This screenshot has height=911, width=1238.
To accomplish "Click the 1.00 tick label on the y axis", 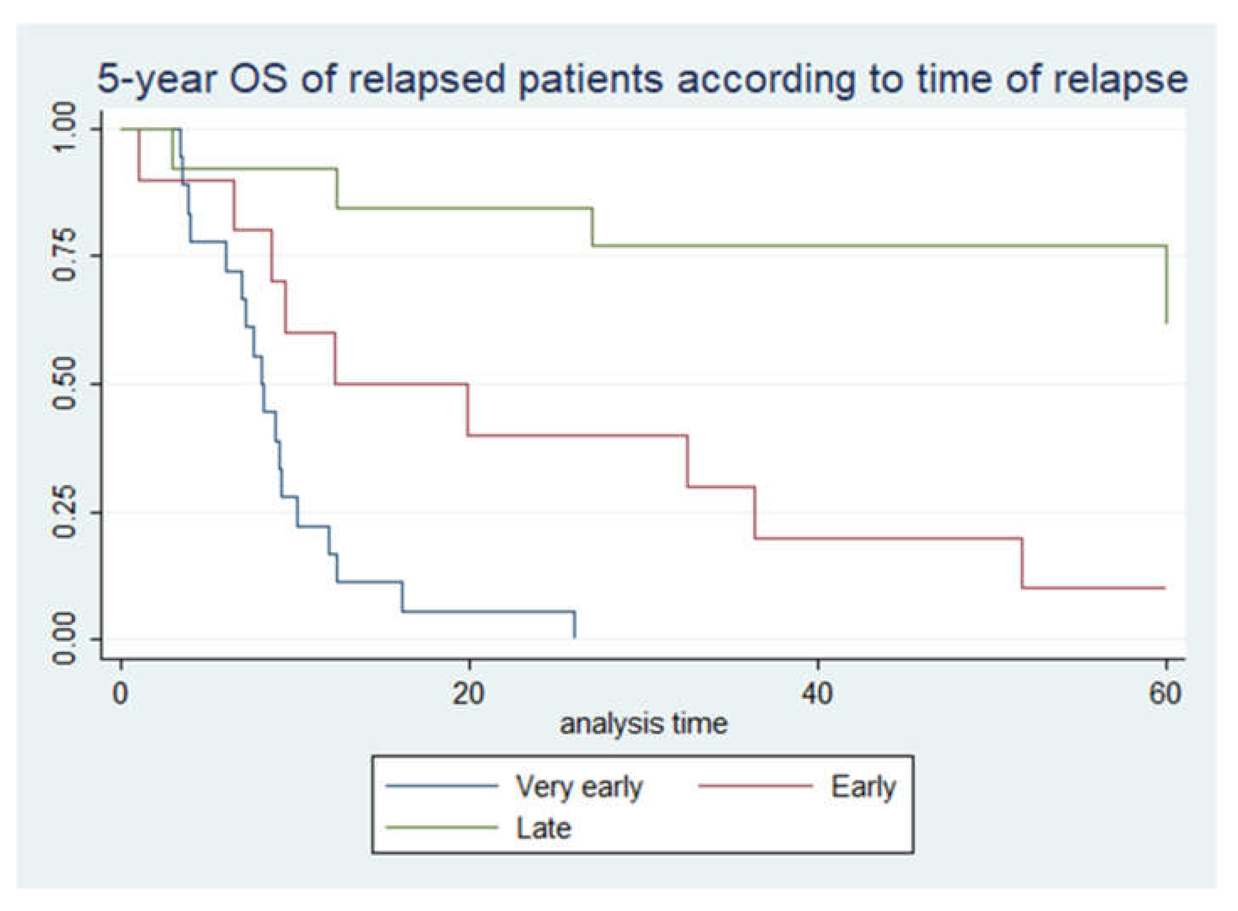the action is pyautogui.click(x=66, y=129).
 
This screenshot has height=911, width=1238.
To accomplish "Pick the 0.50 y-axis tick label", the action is pyautogui.click(x=66, y=384).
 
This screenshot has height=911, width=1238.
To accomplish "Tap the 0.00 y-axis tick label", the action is pyautogui.click(x=66, y=639).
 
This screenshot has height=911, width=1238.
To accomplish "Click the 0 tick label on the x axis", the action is pyautogui.click(x=120, y=693).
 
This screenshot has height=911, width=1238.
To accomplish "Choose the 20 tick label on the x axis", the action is pyautogui.click(x=469, y=693).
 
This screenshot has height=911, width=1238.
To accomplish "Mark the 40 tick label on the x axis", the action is pyautogui.click(x=817, y=693).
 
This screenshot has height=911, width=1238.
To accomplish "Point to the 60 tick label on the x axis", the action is pyautogui.click(x=1165, y=693).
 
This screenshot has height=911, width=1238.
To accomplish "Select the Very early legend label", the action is pyautogui.click(x=579, y=787).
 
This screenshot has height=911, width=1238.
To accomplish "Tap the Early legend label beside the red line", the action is pyautogui.click(x=863, y=787).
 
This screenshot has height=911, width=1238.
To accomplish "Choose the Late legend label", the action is pyautogui.click(x=543, y=828).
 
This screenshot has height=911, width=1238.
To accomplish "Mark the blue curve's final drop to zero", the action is pyautogui.click(x=575, y=625).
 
